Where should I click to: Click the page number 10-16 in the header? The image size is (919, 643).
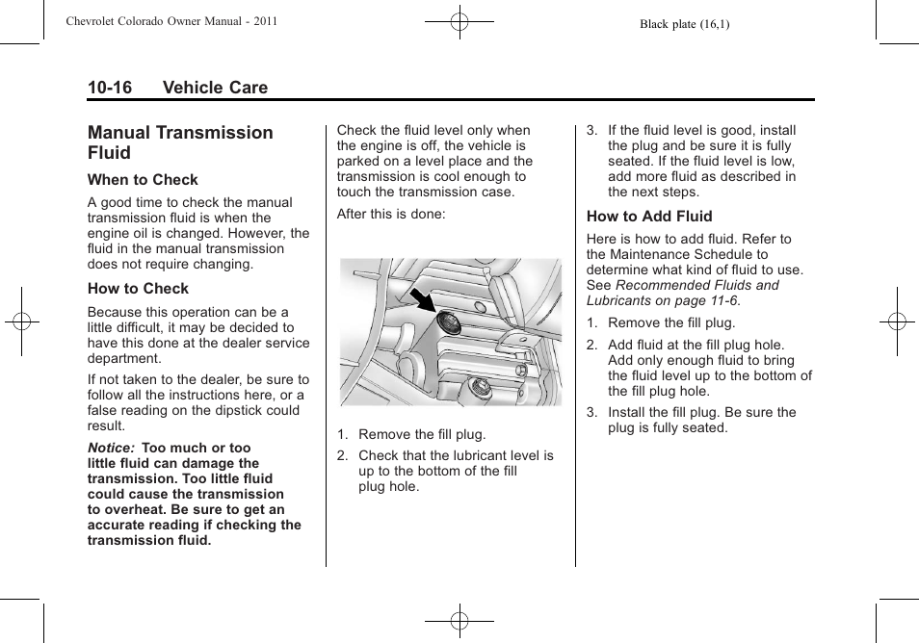click(110, 88)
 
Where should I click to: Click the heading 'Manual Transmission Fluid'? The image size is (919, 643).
click(180, 142)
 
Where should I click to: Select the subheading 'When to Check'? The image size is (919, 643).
click(143, 180)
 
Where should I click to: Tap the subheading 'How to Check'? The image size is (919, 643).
click(138, 289)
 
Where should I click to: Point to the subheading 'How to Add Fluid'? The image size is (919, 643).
click(649, 217)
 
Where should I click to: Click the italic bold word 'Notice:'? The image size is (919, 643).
click(112, 449)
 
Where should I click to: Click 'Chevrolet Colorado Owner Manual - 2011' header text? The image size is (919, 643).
click(171, 21)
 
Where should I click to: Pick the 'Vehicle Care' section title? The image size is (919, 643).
click(215, 88)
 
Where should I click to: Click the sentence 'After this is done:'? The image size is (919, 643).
click(391, 214)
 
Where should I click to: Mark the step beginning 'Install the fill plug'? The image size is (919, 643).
click(701, 420)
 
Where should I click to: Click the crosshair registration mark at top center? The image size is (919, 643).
click(459, 20)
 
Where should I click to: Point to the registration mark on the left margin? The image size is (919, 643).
click(20, 321)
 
